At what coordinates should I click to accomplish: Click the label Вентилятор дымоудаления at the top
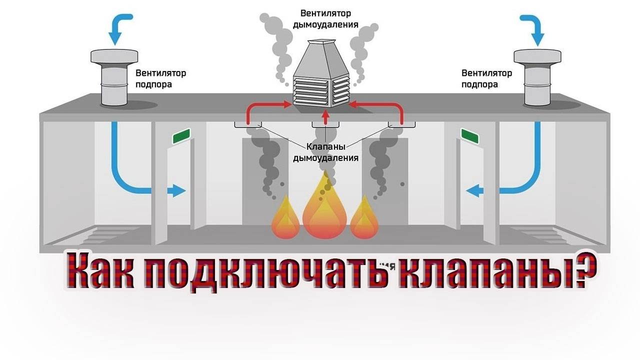(325, 18)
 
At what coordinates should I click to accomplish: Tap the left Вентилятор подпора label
(160, 78)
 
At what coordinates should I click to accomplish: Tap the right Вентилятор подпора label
(486, 78)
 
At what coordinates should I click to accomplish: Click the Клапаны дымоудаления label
(325, 153)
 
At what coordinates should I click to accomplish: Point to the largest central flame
(324, 207)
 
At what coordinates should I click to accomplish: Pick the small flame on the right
(363, 220)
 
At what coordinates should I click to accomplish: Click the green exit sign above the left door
(181, 136)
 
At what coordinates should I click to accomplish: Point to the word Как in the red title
(99, 274)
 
